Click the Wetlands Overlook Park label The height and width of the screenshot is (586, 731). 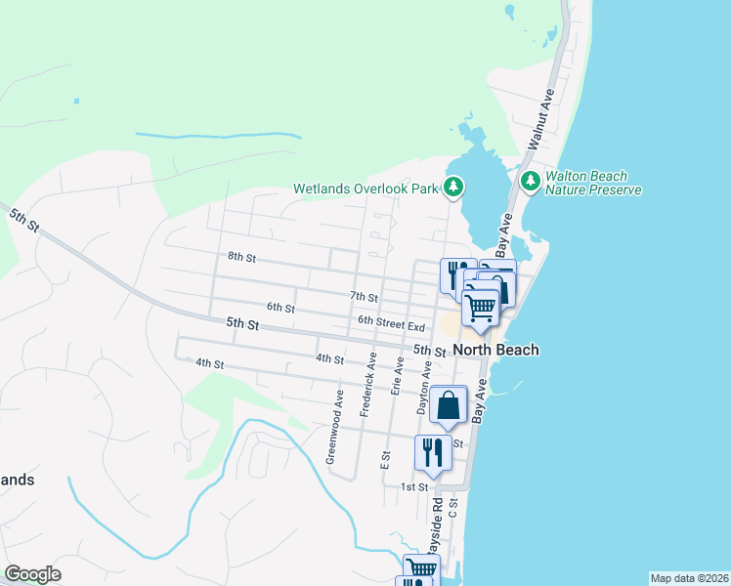pos(366,188)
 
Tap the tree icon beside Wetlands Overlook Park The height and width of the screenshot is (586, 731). pos(452,186)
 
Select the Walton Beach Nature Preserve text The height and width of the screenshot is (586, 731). pos(593,183)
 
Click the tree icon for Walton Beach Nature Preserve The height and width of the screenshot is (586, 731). pos(530,181)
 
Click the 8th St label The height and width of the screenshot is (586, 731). pos(241,258)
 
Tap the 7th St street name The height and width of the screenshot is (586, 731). pos(364,296)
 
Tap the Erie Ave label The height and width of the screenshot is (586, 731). pos(398,380)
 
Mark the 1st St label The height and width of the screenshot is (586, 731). pos(414,486)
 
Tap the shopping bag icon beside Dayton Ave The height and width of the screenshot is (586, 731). pos(448,405)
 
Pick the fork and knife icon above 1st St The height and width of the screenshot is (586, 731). pos(431,452)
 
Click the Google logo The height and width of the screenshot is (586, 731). pos(32,574)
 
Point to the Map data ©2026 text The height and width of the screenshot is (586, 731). pos(689,578)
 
